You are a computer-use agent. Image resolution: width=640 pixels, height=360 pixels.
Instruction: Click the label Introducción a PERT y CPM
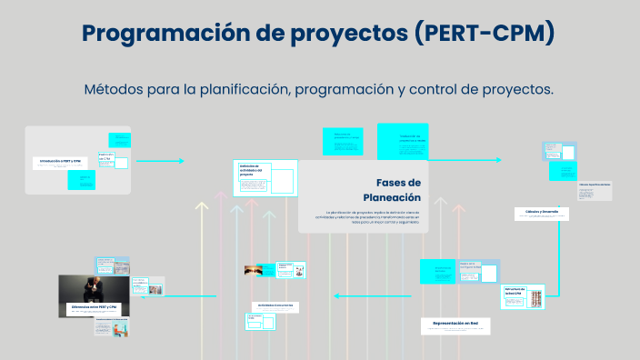(x=59, y=161)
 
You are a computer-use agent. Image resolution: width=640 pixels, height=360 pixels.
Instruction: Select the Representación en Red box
(x=455, y=324)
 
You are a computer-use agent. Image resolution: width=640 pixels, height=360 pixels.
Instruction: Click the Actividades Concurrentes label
(x=275, y=305)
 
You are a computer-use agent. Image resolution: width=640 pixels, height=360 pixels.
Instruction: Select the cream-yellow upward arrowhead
(x=202, y=208)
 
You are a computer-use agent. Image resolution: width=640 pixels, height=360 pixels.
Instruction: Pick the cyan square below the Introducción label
(x=81, y=180)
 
